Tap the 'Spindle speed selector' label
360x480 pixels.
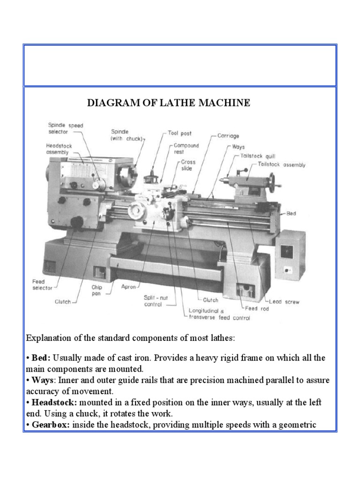65,128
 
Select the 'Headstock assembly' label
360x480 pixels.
59,149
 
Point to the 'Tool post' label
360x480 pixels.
180,133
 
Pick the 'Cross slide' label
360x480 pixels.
188,165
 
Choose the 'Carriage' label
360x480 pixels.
228,136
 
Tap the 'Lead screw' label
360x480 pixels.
285,301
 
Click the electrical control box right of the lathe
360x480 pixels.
290,253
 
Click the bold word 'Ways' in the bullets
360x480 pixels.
42,380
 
